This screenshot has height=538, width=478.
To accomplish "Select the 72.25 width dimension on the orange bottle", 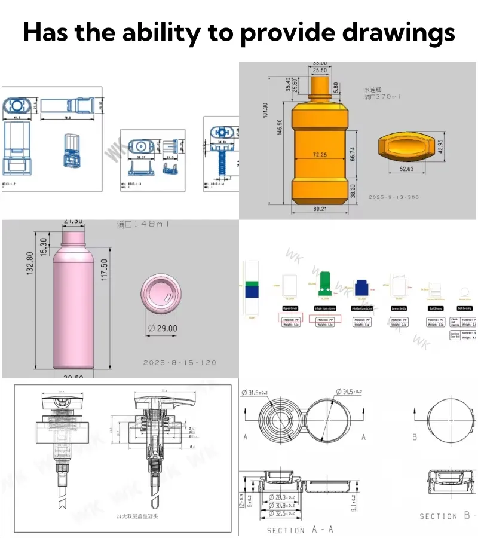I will pyautogui.click(x=320, y=155).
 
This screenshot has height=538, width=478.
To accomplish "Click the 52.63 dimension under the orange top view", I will pyautogui.click(x=406, y=169).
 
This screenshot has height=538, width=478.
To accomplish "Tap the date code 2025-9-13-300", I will pyautogui.click(x=394, y=197).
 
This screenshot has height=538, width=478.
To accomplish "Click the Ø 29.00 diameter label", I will pyautogui.click(x=162, y=328).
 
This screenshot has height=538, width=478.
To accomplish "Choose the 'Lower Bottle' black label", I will pyautogui.click(x=399, y=308).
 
